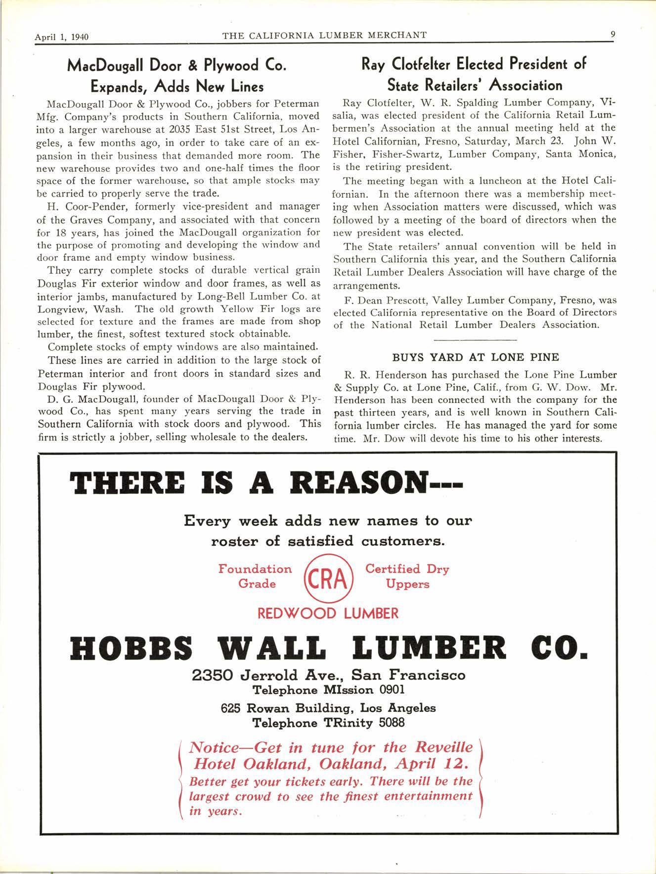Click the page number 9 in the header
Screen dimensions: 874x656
click(612, 35)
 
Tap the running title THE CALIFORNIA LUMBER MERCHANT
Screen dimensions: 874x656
click(325, 35)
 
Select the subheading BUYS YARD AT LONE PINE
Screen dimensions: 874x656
click(476, 357)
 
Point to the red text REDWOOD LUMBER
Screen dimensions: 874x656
click(328, 614)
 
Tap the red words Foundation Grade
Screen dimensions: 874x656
click(256, 576)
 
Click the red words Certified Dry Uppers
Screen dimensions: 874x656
click(407, 576)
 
